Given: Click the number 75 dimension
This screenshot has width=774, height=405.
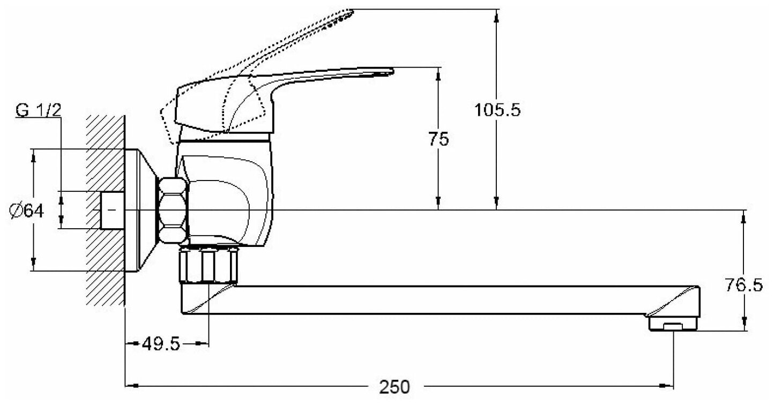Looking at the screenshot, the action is [439, 139].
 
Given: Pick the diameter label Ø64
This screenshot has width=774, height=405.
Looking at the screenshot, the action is [26, 211].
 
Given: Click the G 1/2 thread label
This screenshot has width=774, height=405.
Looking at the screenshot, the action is [39, 111].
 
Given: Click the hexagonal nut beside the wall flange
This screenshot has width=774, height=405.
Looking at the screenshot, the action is [174, 210].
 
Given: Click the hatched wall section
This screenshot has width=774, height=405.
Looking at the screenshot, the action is [105, 161].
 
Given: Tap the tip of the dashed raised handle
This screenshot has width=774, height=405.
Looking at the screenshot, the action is [349, 12].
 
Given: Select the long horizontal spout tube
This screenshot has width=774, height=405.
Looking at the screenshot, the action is [429, 300].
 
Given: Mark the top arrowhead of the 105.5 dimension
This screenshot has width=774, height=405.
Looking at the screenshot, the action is [497, 15].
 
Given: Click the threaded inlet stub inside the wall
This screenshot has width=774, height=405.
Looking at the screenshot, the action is [113, 210].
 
